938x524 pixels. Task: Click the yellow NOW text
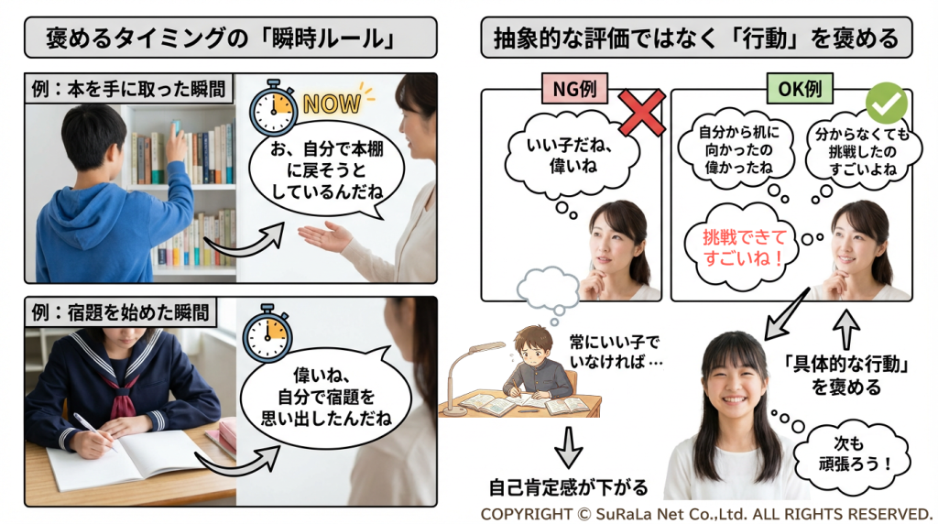(x=332, y=104)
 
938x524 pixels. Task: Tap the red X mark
(x=641, y=113)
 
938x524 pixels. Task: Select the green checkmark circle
(x=887, y=103)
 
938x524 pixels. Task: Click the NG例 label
(x=574, y=89)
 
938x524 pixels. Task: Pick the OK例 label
(x=799, y=89)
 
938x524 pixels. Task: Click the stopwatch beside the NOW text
(x=273, y=108)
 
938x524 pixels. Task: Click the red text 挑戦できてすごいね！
(x=744, y=247)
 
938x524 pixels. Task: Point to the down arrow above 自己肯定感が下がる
(x=568, y=447)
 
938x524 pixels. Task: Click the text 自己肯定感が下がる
(x=568, y=487)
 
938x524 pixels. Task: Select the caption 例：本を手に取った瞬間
(x=129, y=89)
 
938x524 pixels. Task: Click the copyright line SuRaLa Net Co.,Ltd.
(x=706, y=514)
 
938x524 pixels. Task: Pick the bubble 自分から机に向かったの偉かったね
(x=737, y=150)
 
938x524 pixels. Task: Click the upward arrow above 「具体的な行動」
(x=845, y=330)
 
